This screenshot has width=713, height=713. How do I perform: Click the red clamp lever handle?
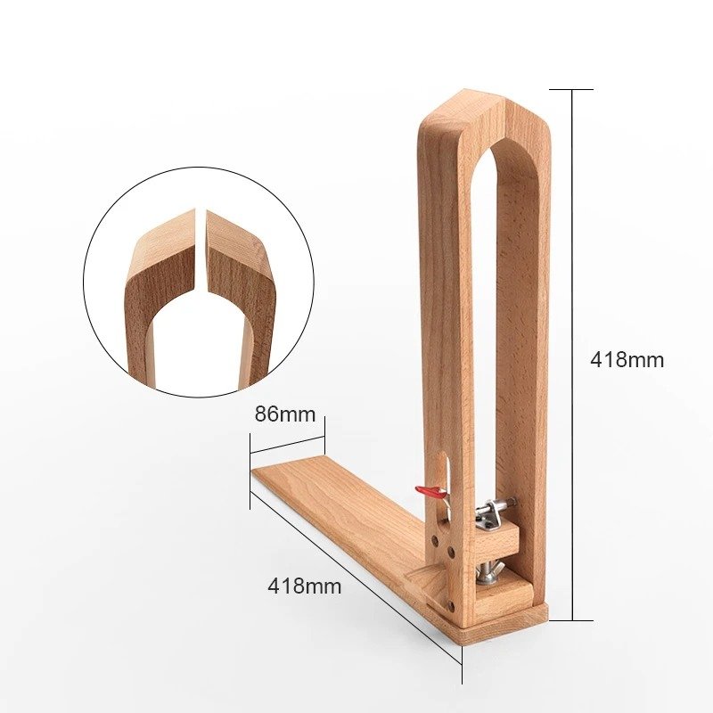click(430, 491)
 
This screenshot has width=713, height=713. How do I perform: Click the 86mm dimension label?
click(285, 414)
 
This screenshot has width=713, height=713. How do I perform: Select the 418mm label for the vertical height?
click(627, 360)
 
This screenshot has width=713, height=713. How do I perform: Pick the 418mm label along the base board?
click(304, 586)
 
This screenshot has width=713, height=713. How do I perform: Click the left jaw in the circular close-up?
click(160, 285)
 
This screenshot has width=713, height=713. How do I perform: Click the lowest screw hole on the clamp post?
click(453, 605)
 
